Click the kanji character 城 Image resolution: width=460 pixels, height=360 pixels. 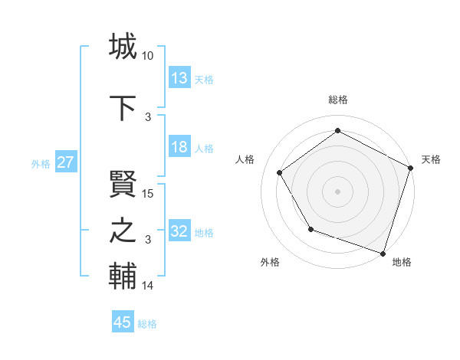[x=123, y=47]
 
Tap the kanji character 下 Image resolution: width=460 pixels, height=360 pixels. [x=123, y=106]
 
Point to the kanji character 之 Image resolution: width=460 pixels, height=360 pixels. [x=123, y=231]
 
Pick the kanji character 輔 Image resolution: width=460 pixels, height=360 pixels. [x=123, y=277]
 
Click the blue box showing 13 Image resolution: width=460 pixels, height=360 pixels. [x=179, y=79]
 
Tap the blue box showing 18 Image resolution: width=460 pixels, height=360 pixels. [x=179, y=148]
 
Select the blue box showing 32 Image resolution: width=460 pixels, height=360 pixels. [x=179, y=232]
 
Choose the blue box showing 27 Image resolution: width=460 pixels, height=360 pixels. [x=65, y=163]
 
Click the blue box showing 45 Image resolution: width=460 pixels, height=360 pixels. [x=123, y=323]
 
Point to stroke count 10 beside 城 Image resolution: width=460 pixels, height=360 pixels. [x=148, y=56]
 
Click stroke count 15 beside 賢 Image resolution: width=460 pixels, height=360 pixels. [x=148, y=194]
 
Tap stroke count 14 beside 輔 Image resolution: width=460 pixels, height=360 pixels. [x=148, y=286]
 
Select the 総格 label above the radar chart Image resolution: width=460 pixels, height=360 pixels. [x=337, y=100]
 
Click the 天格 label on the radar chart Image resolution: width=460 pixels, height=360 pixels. [x=431, y=159]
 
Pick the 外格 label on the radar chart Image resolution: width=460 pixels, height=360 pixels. [x=270, y=262]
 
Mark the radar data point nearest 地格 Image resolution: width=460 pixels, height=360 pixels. [x=383, y=252]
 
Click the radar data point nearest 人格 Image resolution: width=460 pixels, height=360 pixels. [x=280, y=173]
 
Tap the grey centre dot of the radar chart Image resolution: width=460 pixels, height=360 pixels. [x=337, y=191]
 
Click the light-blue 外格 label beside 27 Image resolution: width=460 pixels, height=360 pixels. [x=41, y=163]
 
